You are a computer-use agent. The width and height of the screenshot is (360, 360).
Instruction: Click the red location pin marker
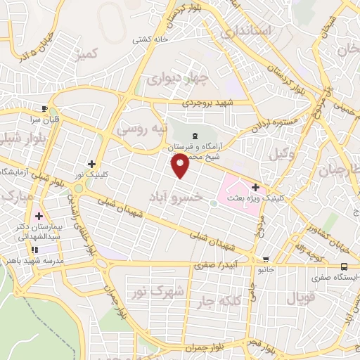click(181, 166)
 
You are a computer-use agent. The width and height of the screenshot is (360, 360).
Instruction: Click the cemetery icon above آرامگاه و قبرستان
click(194, 135)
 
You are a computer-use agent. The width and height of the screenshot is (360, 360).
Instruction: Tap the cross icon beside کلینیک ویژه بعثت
click(255, 188)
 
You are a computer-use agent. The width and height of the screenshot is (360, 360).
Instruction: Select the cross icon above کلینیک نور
click(91, 163)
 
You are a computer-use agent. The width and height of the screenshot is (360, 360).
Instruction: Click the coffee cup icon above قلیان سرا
click(45, 108)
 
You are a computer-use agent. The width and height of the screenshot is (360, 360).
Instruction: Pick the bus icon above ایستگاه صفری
click(344, 266)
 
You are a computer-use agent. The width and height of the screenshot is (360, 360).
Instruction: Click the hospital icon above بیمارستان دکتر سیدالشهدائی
click(38, 216)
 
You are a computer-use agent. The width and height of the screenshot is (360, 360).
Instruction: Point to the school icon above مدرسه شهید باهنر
click(34, 249)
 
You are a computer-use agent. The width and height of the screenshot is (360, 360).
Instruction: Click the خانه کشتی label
click(151, 40)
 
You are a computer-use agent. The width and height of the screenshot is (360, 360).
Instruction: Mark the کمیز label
click(88, 53)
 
